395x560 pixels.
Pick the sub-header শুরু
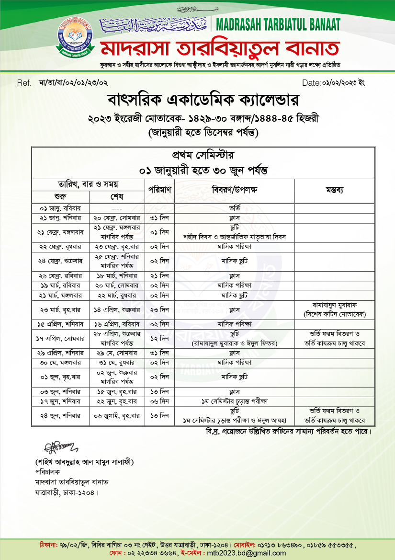[60, 197]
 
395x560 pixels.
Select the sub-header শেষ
[117, 197]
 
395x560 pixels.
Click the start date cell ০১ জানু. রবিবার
[60, 208]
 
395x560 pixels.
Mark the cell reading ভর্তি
[235, 208]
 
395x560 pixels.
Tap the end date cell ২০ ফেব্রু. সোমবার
[117, 218]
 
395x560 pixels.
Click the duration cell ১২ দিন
[159, 339]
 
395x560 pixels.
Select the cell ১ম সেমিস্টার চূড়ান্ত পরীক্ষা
[235, 401]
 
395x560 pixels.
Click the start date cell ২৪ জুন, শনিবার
[60, 416]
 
